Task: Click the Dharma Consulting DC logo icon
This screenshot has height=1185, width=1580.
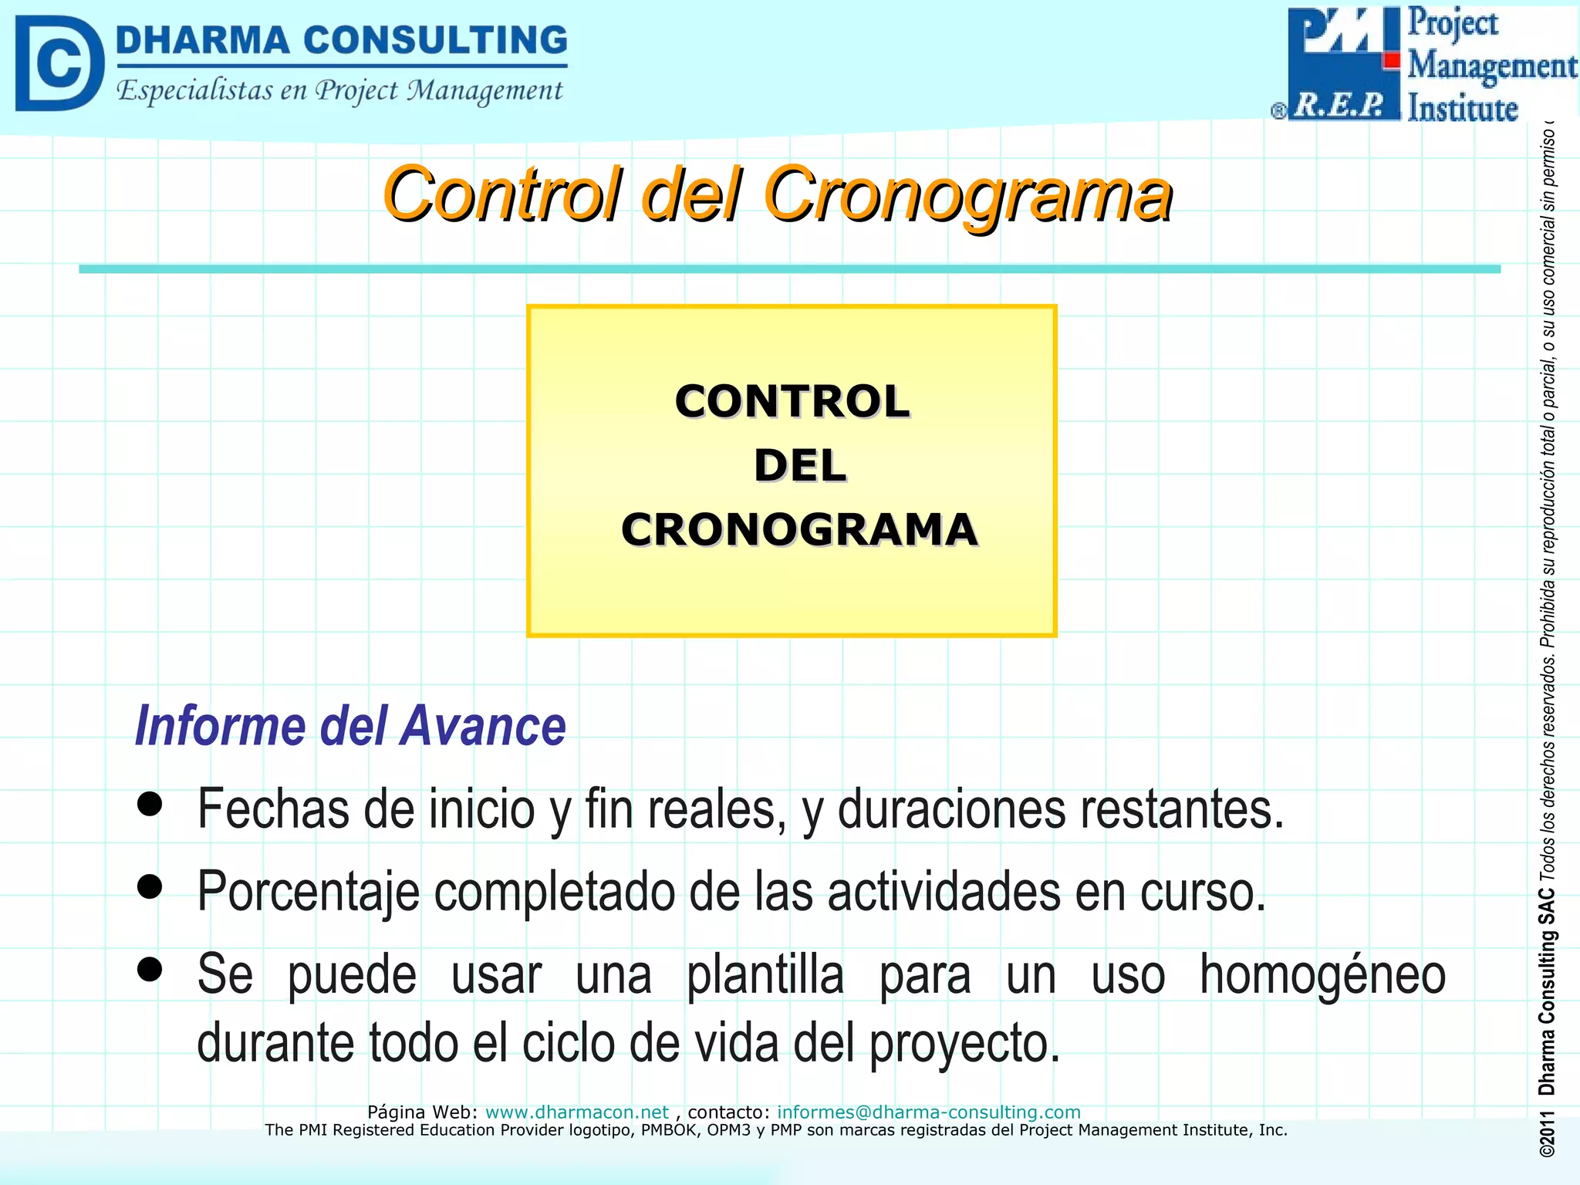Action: pyautogui.click(x=59, y=63)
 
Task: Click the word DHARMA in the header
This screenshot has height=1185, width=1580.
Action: pyautogui.click(x=202, y=41)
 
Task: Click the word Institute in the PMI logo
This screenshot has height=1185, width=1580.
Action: pyautogui.click(x=1462, y=108)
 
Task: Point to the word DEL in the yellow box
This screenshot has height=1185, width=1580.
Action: pyautogui.click(x=799, y=466)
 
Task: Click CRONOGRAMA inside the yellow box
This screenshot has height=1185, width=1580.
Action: pyautogui.click(x=799, y=530)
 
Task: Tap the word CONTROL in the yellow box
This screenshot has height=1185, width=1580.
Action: pyautogui.click(x=792, y=402)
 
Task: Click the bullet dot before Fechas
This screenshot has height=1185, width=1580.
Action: pyautogui.click(x=150, y=804)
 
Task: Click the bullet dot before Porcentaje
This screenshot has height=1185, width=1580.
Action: pyautogui.click(x=150, y=886)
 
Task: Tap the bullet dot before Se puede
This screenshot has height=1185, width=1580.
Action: pyautogui.click(x=150, y=969)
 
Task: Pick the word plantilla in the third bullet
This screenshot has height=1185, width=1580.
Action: pyautogui.click(x=765, y=975)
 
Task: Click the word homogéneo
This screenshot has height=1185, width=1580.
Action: pyautogui.click(x=1322, y=975)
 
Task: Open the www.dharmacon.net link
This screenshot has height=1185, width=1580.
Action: pyautogui.click(x=576, y=1112)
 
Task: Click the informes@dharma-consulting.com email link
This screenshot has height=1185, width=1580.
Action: pyautogui.click(x=928, y=1112)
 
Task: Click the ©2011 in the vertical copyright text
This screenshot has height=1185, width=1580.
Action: pyautogui.click(x=1547, y=1133)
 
